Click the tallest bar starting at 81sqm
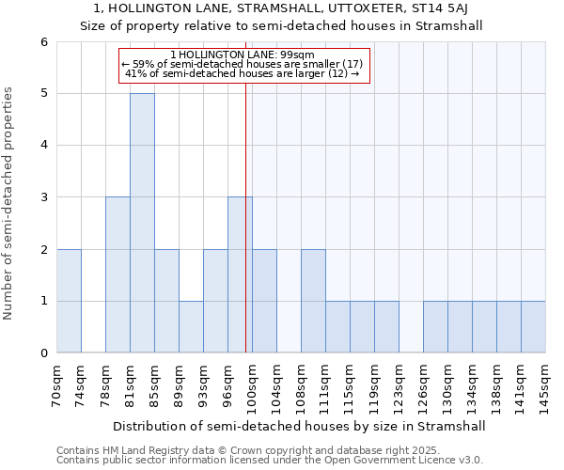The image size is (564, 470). point(142,223)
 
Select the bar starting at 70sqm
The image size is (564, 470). point(69,301)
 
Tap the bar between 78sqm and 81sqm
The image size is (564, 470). point(117,274)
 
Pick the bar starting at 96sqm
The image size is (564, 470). point(240,274)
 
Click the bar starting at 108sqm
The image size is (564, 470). point(313,301)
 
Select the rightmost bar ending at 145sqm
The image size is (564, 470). point(533,327)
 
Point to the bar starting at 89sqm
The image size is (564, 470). point(191,327)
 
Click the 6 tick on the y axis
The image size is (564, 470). point(43,42)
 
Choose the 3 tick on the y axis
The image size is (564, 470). point(43,197)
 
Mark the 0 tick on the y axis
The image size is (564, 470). point(43,353)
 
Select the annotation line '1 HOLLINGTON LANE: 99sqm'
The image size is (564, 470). point(243,55)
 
